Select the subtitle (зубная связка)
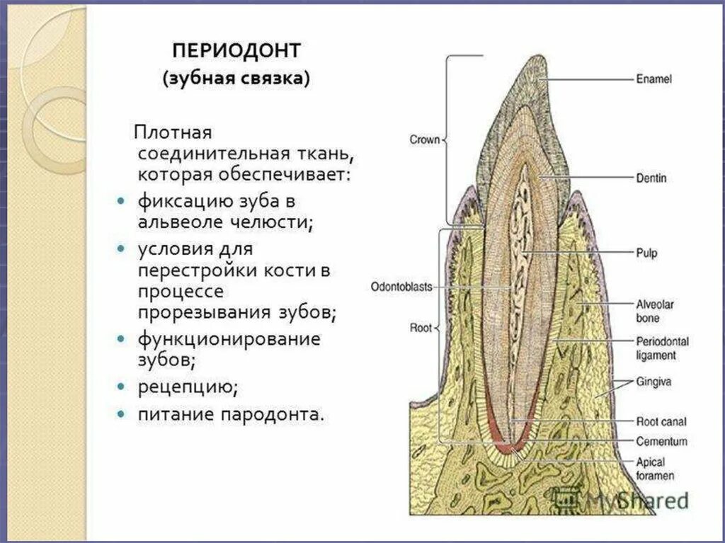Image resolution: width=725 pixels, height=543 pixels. tap(236, 78)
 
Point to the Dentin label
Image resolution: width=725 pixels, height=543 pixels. tap(651, 178)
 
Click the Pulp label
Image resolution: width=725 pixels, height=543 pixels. tap(646, 251)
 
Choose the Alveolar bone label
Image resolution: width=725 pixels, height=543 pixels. tap(654, 311)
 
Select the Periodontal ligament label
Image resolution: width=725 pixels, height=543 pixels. tap(661, 348)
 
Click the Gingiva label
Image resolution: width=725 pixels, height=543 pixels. tap(653, 382)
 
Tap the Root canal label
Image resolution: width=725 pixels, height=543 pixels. tap(661, 422)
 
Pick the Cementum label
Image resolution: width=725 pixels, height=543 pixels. tap(661, 441)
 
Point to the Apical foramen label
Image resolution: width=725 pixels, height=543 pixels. tap(655, 469)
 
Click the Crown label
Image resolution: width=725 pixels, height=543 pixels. tap(425, 139)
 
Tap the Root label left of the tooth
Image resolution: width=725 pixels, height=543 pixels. tap(422, 328)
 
